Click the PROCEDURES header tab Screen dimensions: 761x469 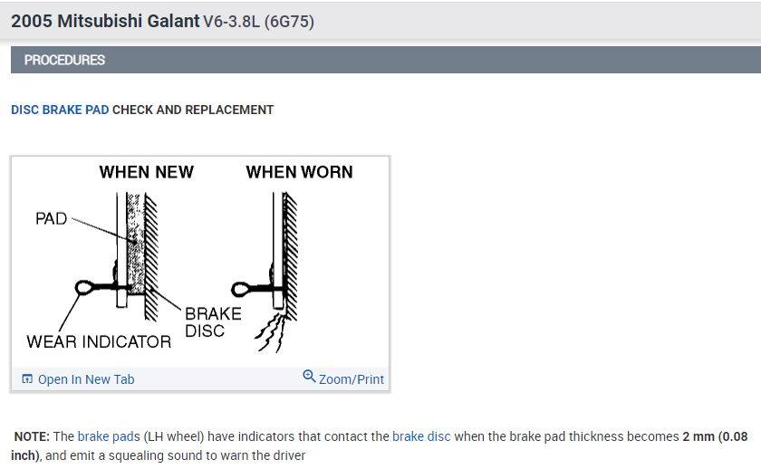pyautogui.click(x=64, y=60)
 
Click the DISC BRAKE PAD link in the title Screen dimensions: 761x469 pyautogui.click(x=60, y=110)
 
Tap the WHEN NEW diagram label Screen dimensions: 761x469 pyautogui.click(x=146, y=172)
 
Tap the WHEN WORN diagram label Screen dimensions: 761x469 pyautogui.click(x=299, y=172)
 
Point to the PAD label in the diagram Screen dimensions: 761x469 pyautogui.click(x=52, y=218)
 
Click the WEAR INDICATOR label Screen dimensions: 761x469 pyautogui.click(x=99, y=341)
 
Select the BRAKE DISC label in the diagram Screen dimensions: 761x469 pyautogui.click(x=213, y=321)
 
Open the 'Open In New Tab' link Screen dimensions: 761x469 pyautogui.click(x=86, y=379)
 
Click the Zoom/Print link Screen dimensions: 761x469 pyautogui.click(x=352, y=379)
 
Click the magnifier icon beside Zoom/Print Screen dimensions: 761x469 pyautogui.click(x=309, y=377)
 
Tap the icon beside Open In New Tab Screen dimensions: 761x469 pyautogui.click(x=27, y=379)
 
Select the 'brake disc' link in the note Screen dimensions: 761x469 pyautogui.click(x=421, y=436)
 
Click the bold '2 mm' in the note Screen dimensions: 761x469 pyautogui.click(x=698, y=436)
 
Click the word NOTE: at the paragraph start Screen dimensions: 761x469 pyautogui.click(x=33, y=436)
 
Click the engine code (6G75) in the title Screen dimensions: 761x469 pyautogui.click(x=289, y=21)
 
